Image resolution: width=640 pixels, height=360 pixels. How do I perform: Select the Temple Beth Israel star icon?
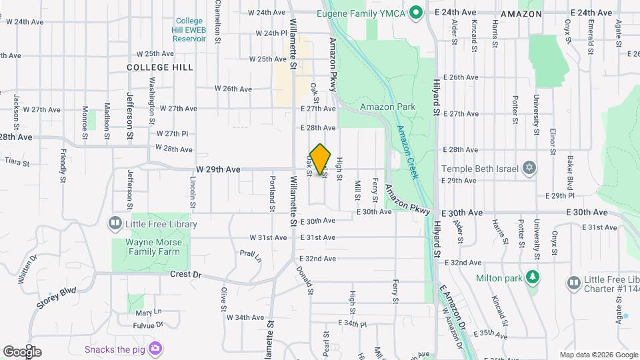(x=529, y=166)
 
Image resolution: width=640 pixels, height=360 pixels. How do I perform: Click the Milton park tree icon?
(x=532, y=277)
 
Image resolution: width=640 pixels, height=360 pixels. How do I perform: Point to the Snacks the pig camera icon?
(x=155, y=348)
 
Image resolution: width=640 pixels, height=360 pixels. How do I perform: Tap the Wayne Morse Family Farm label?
(x=153, y=247)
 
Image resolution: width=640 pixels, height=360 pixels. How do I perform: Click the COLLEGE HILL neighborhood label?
(x=160, y=67)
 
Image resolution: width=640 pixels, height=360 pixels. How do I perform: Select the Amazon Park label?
(x=387, y=107)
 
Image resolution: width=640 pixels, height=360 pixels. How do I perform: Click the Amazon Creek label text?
(x=406, y=152)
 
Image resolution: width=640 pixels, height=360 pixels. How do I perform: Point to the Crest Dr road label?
(x=185, y=274)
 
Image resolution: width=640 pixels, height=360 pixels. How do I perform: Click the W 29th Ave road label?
(x=218, y=170)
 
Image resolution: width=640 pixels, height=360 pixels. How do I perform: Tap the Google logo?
(x=22, y=351)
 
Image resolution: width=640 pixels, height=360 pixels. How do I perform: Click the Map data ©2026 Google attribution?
(x=598, y=355)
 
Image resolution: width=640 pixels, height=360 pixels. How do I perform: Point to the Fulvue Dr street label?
(x=148, y=325)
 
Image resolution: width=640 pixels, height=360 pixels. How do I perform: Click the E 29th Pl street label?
(x=559, y=196)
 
